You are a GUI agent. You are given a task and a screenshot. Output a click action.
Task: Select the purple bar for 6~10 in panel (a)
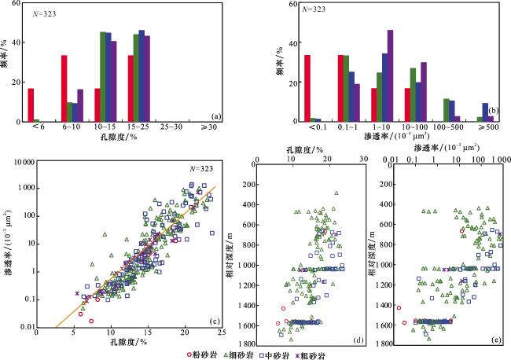(79, 105)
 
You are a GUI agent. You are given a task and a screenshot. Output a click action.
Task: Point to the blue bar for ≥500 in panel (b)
(484, 112)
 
